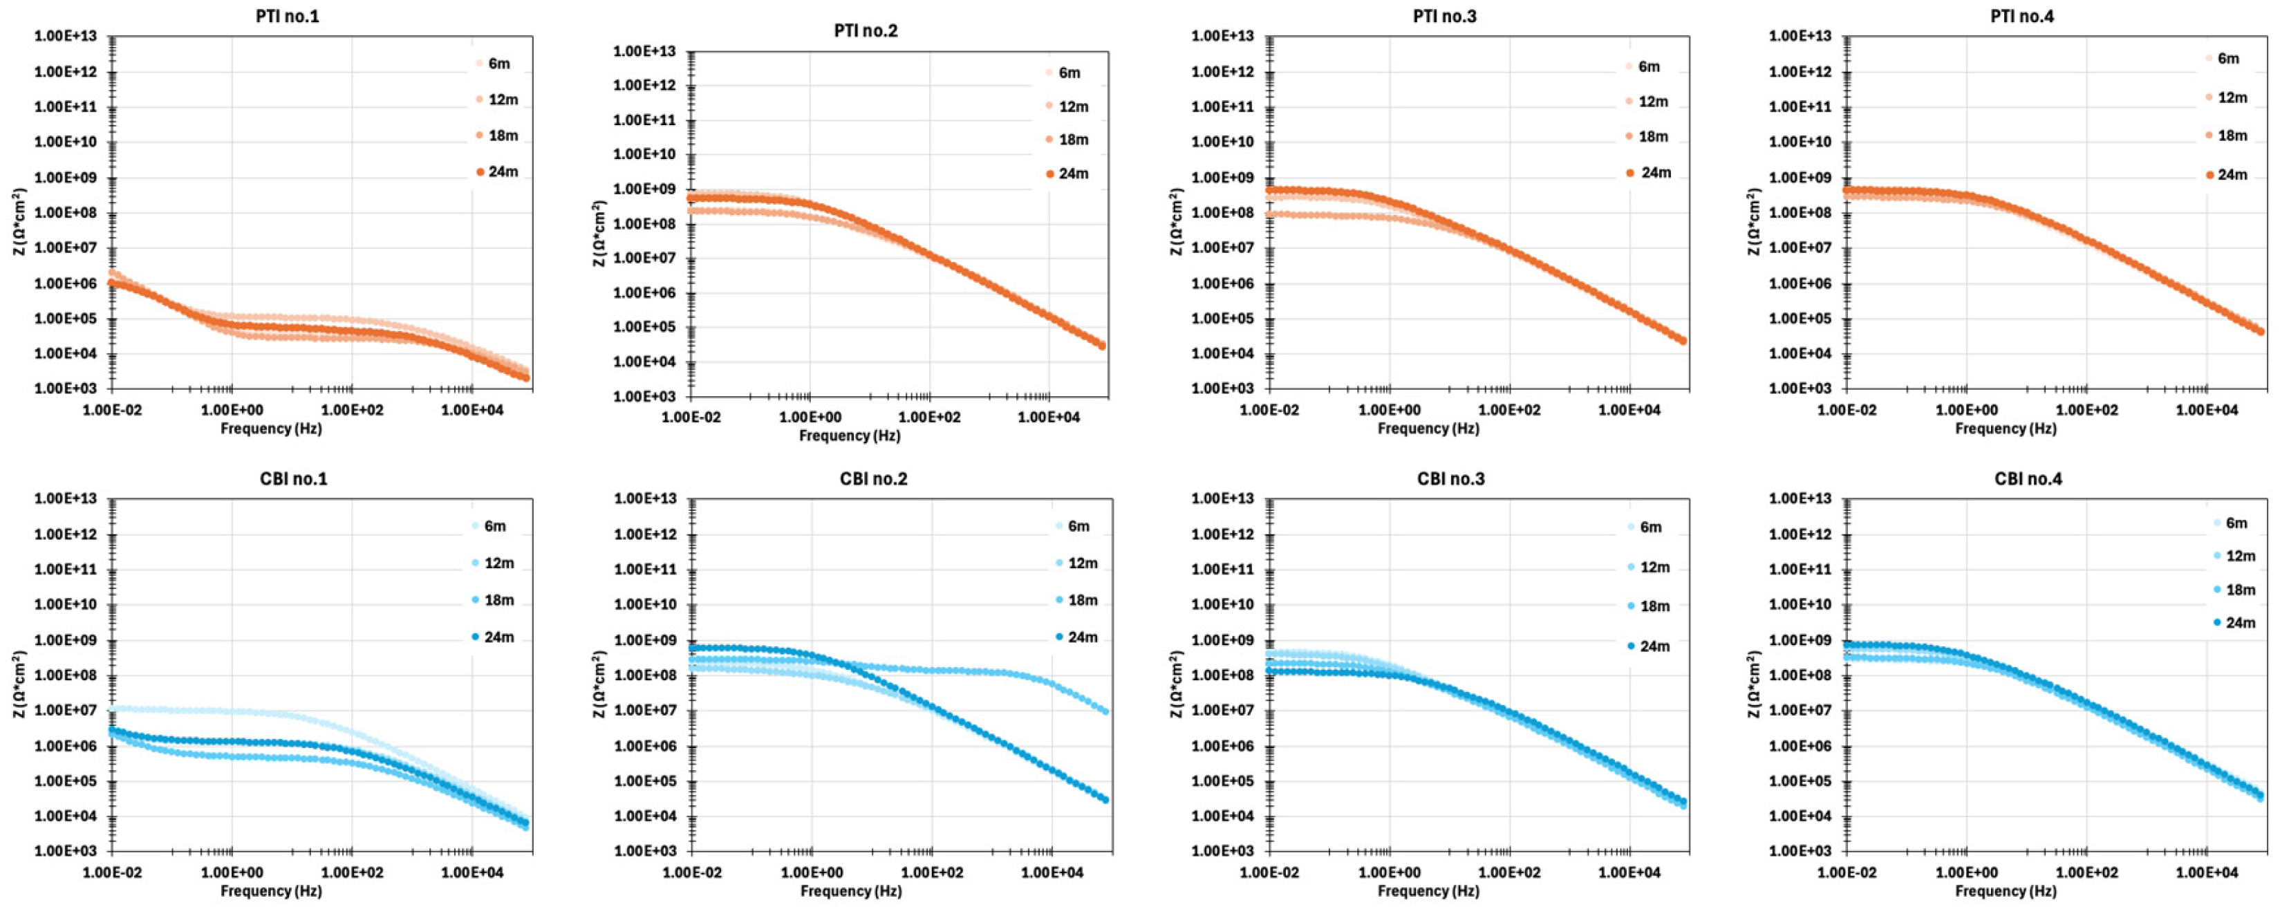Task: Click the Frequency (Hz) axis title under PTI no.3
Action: (x=1428, y=429)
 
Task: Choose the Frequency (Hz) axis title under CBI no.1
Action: (x=271, y=891)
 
